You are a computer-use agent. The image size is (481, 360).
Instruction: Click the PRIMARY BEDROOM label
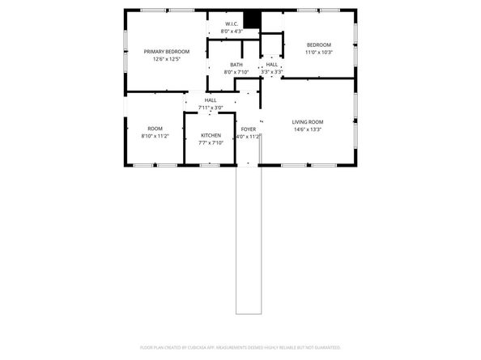pos(161,52)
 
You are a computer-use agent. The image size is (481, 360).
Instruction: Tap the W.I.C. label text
pos(232,24)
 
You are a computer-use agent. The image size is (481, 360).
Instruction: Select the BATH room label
pos(236,65)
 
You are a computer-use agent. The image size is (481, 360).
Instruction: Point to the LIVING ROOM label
pos(307,122)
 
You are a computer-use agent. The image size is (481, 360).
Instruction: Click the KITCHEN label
pos(211,135)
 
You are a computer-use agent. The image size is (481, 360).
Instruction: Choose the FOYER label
pos(248,129)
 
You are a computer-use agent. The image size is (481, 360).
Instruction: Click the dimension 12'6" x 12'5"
pos(161,59)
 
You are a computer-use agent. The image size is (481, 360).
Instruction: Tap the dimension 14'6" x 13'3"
pos(307,129)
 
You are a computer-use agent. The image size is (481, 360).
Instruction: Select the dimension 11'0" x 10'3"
pos(318,52)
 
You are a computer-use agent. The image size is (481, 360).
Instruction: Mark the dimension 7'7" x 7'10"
pos(211,142)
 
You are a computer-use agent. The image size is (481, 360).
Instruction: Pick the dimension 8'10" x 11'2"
pos(154,136)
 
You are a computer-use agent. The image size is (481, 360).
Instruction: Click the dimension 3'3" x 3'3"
pos(271,71)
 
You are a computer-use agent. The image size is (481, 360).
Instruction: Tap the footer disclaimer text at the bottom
pos(240,346)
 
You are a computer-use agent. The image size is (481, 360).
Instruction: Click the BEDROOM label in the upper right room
pos(318,44)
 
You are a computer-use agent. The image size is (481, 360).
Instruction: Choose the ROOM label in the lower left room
pos(154,129)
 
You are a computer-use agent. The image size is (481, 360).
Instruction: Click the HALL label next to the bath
pos(272,65)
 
